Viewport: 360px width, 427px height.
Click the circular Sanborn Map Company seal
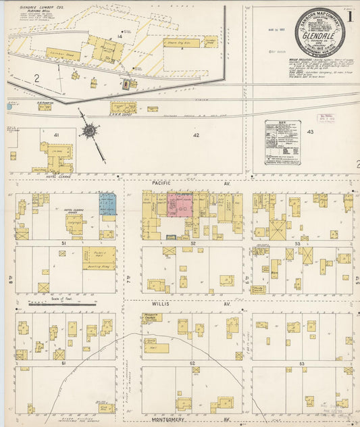pyautogui.click(x=319, y=31)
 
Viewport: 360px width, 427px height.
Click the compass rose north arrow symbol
pyautogui.click(x=90, y=130)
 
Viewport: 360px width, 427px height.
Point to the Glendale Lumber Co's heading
pyautogui.click(x=34, y=7)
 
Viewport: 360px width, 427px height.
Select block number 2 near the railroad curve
pyautogui.click(x=36, y=79)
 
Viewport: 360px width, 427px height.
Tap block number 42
pyautogui.click(x=197, y=135)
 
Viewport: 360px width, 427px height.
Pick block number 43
pyautogui.click(x=310, y=132)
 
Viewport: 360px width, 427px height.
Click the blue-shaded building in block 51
pyautogui.click(x=107, y=204)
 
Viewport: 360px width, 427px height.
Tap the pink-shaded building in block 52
pyautogui.click(x=180, y=205)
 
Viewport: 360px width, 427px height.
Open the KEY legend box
pyautogui.click(x=282, y=143)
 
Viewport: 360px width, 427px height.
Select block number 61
pyautogui.click(x=64, y=363)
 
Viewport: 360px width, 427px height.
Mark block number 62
pyautogui.click(x=192, y=363)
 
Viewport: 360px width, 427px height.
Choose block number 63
pyautogui.click(x=302, y=363)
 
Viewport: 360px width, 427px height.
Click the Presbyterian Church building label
pyautogui.click(x=152, y=317)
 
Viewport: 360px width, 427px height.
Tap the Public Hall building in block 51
pyautogui.click(x=99, y=256)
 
